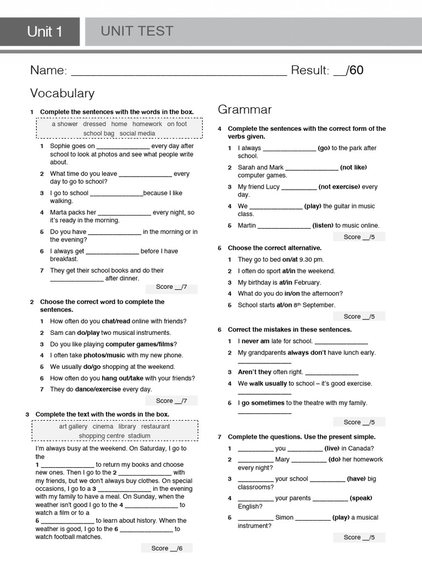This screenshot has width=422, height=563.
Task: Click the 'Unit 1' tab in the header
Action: click(45, 32)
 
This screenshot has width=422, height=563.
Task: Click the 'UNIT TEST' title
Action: click(137, 31)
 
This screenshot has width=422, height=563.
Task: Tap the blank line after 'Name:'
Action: click(179, 71)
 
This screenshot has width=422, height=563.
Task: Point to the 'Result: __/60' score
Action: click(327, 70)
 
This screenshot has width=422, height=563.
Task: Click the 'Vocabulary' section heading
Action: click(62, 93)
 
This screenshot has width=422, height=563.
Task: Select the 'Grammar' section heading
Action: click(245, 109)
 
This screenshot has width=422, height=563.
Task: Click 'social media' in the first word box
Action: click(137, 133)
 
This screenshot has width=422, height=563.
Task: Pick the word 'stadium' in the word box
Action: click(139, 436)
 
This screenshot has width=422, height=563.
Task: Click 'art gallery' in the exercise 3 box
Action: click(73, 426)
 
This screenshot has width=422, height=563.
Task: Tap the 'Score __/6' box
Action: click(167, 548)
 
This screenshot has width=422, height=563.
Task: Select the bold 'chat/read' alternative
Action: click(116, 321)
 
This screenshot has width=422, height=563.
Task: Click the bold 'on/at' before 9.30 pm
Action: click(290, 260)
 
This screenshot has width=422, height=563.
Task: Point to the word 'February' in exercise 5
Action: click(307, 283)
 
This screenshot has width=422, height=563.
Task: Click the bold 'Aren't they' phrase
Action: click(254, 372)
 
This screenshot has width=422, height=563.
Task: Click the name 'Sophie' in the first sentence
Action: click(60, 146)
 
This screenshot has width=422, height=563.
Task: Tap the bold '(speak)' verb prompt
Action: click(361, 498)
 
